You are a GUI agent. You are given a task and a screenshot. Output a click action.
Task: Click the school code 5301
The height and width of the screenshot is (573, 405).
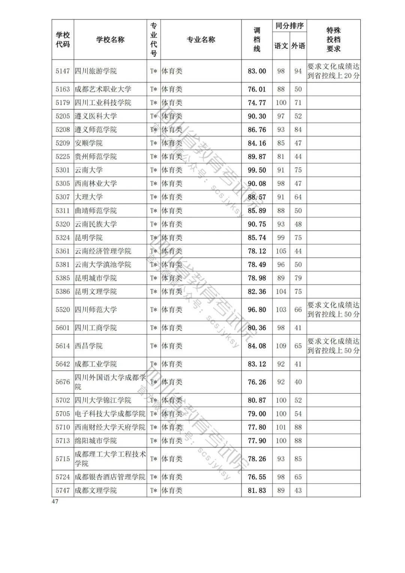pyautogui.click(x=63, y=170)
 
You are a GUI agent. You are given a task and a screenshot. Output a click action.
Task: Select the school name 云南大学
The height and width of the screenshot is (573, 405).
pyautogui.click(x=88, y=170)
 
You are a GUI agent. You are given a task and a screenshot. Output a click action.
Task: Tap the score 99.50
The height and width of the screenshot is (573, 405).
pyautogui.click(x=257, y=170)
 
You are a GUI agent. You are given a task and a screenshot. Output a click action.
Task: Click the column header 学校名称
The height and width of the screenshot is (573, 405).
pyautogui.click(x=110, y=40)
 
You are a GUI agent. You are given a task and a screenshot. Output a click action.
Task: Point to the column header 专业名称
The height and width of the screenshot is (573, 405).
pyautogui.click(x=201, y=40)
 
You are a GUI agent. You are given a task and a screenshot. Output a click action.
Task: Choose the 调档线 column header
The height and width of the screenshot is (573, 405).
pyautogui.click(x=257, y=40)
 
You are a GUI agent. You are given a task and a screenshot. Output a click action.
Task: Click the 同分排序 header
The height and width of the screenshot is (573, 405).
pyautogui.click(x=289, y=26)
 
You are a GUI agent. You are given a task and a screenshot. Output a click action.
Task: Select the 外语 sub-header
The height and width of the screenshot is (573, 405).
pyautogui.click(x=298, y=46)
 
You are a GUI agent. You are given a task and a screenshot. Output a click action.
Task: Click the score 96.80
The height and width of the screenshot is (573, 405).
pyautogui.click(x=257, y=310)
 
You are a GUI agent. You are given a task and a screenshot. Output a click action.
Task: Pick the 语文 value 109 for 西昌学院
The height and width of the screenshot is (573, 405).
pyautogui.click(x=281, y=346)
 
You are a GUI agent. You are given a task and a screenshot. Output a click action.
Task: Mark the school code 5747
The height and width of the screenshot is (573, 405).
pyautogui.click(x=63, y=490)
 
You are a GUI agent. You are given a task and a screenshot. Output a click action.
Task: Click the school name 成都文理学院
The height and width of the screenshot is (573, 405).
pyautogui.click(x=96, y=490)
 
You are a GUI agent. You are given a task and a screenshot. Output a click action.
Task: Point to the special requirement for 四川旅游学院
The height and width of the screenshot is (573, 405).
pyautogui.click(x=333, y=71)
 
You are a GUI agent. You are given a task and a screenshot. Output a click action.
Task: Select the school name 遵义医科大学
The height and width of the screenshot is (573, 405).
pyautogui.click(x=96, y=116)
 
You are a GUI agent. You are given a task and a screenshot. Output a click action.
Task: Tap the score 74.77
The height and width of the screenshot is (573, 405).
pyautogui.click(x=257, y=102)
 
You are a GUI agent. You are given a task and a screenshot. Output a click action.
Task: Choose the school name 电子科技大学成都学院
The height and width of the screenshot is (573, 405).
pyautogui.click(x=110, y=414)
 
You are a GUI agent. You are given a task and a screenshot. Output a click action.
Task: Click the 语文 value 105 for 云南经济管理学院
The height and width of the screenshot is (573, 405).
pyautogui.click(x=281, y=251)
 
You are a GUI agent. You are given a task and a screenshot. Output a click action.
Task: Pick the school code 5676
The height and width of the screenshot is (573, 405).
pyautogui.click(x=63, y=382)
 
